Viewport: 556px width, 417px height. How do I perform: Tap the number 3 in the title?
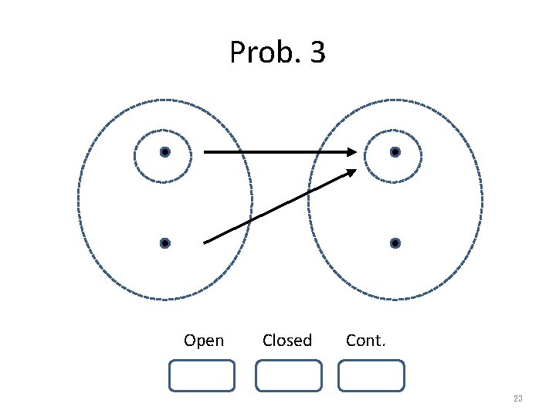pyautogui.click(x=317, y=53)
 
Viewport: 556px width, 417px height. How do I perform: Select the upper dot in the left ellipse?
pyautogui.click(x=164, y=153)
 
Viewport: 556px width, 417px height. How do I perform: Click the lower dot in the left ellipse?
pyautogui.click(x=164, y=243)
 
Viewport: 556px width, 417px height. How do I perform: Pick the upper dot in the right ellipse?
pyautogui.click(x=395, y=153)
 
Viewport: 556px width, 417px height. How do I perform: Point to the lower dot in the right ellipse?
pyautogui.click(x=395, y=243)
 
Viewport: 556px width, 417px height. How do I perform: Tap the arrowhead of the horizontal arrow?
pyautogui.click(x=351, y=153)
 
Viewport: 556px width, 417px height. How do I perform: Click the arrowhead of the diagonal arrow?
pyautogui.click(x=351, y=172)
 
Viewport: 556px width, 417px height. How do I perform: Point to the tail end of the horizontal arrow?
pyautogui.click(x=205, y=153)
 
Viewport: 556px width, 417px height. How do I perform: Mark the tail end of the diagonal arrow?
pyautogui.click(x=205, y=242)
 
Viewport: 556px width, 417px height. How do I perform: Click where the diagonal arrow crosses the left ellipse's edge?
pyautogui.click(x=249, y=222)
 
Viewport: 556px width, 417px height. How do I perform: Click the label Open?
pyautogui.click(x=204, y=341)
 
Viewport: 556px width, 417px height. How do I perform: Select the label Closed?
pyautogui.click(x=287, y=341)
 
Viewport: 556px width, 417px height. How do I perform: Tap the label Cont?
pyautogui.click(x=366, y=341)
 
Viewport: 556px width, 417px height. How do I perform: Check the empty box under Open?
pyautogui.click(x=202, y=375)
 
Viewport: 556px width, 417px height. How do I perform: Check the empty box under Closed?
pyautogui.click(x=288, y=375)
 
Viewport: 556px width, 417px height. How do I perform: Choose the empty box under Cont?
pyautogui.click(x=371, y=375)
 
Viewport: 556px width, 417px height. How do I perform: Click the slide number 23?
pyautogui.click(x=517, y=398)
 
